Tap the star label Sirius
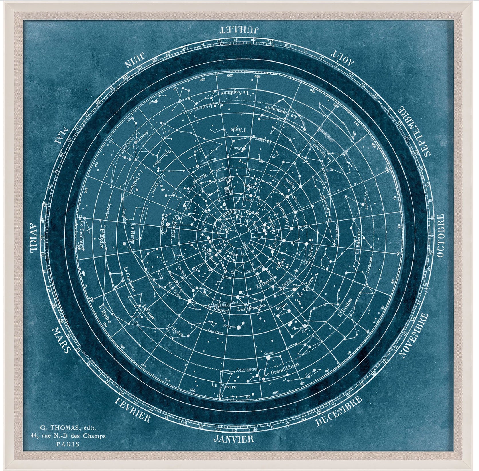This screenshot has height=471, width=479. [x=270, y=352]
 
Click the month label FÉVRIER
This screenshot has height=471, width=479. [x=132, y=410]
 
